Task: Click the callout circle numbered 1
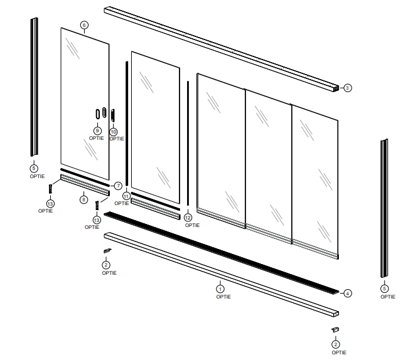click(220, 289)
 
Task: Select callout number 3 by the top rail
click(347, 88)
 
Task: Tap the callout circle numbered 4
click(347, 293)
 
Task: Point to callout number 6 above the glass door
click(84, 25)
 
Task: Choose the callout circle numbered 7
click(117, 186)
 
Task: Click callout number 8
click(83, 199)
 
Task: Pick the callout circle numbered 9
click(97, 130)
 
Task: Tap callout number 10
click(114, 132)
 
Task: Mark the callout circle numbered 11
click(126, 196)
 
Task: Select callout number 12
click(188, 218)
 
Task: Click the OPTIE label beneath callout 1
click(223, 297)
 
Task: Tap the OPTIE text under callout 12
click(192, 225)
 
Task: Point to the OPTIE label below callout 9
click(96, 138)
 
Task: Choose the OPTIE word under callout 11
click(122, 204)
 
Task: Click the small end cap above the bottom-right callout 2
click(336, 329)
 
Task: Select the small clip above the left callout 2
click(107, 251)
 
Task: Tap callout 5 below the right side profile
click(384, 289)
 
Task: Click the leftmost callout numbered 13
click(50, 203)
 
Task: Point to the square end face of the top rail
click(336, 88)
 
